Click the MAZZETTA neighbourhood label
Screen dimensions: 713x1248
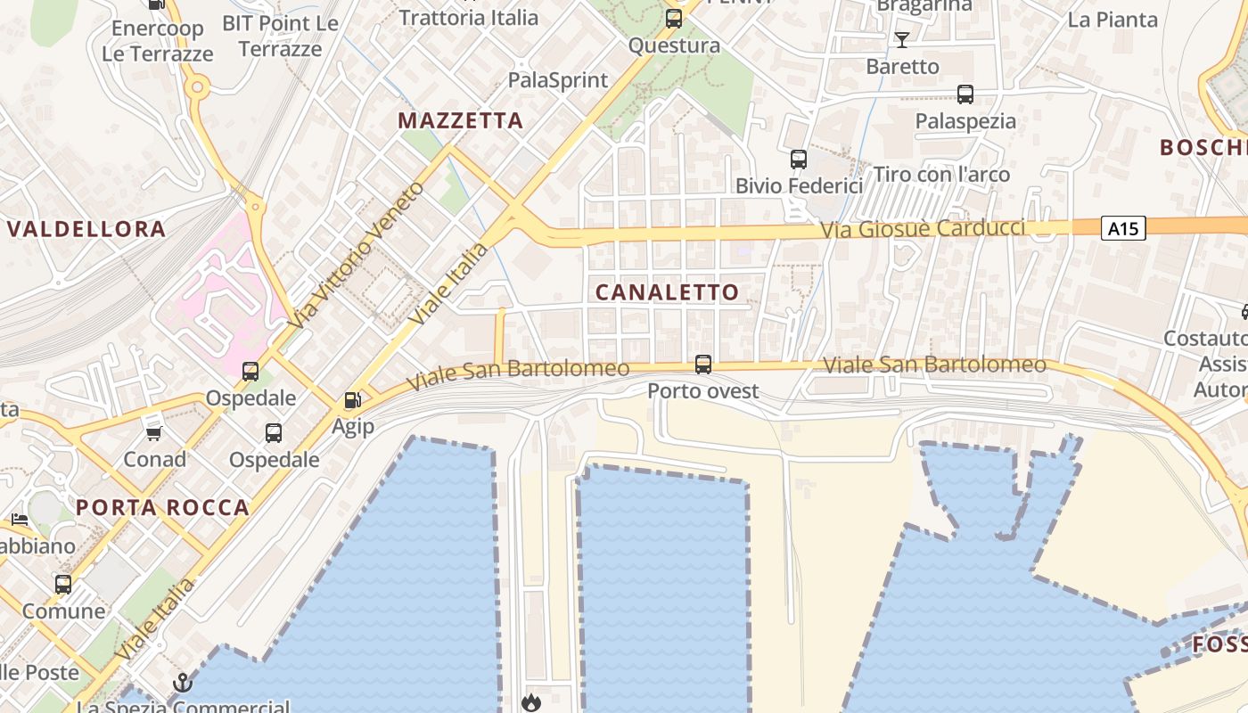pyautogui.click(x=460, y=120)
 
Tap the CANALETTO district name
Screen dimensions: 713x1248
pyautogui.click(x=667, y=292)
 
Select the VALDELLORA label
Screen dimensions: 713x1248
pyautogui.click(x=86, y=229)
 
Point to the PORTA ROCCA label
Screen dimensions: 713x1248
pyautogui.click(x=162, y=508)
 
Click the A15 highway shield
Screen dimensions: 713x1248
pyautogui.click(x=1122, y=229)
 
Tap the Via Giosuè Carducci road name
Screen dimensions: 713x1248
pyautogui.click(x=923, y=228)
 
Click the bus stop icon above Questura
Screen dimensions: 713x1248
pyautogui.click(x=674, y=18)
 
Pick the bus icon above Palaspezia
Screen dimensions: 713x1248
pyautogui.click(x=965, y=94)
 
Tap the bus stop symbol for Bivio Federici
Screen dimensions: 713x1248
pyautogui.click(x=799, y=160)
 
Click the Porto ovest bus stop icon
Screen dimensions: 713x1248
pyautogui.click(x=703, y=364)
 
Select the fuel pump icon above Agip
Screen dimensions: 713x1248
pyautogui.click(x=353, y=401)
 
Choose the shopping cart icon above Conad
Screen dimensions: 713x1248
pyautogui.click(x=154, y=433)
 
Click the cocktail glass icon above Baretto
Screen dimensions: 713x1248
pyautogui.click(x=902, y=39)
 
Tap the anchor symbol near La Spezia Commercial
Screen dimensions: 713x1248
pyautogui.click(x=183, y=684)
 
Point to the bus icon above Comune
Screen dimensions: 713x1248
pyautogui.click(x=63, y=585)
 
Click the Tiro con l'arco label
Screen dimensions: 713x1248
pyautogui.click(x=941, y=175)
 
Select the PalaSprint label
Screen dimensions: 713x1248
pyautogui.click(x=558, y=80)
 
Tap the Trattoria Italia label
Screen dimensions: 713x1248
pyautogui.click(x=469, y=17)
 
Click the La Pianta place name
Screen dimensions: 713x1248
pyautogui.click(x=1113, y=20)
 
